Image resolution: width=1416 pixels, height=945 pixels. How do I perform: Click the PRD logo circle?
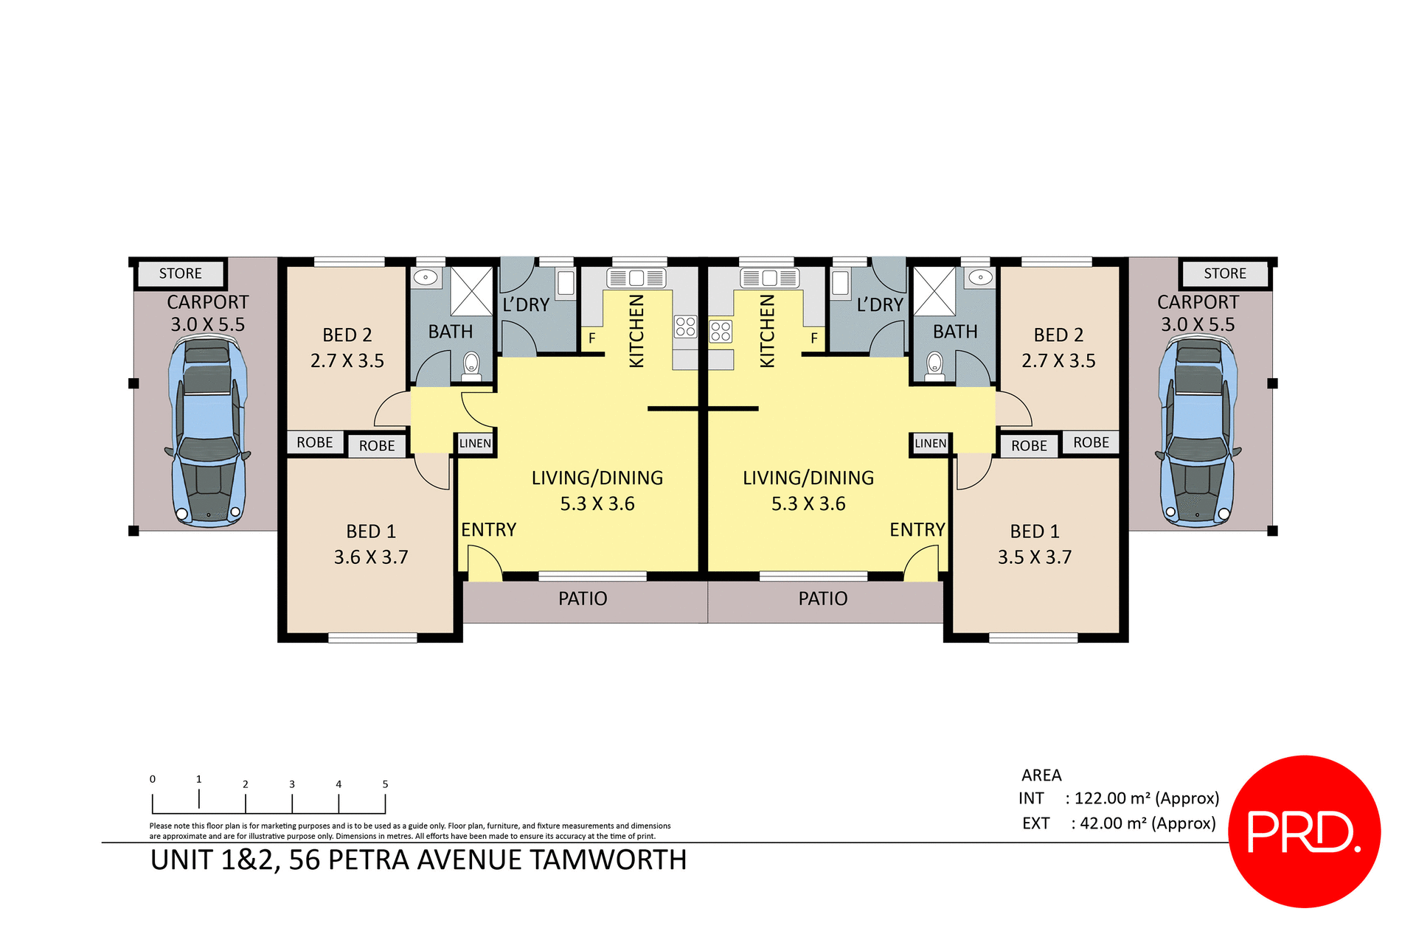[1304, 831]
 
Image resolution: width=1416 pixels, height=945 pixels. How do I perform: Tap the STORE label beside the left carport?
[180, 273]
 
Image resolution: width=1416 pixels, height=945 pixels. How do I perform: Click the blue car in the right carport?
[1198, 431]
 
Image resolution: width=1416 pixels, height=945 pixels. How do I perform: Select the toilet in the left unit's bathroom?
[471, 364]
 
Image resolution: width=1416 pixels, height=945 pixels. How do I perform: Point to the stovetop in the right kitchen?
[721, 331]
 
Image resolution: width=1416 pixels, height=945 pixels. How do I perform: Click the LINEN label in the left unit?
[475, 443]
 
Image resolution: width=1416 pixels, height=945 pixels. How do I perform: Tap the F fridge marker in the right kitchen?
[814, 338]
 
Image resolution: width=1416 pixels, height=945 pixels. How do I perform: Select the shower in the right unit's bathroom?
[934, 292]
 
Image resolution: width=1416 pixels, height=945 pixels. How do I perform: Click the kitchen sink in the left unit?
[636, 278]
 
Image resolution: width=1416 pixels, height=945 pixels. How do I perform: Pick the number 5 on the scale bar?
[385, 784]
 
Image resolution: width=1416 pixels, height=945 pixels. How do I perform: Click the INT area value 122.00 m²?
[1147, 798]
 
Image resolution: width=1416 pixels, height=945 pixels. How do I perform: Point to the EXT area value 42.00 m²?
[1148, 823]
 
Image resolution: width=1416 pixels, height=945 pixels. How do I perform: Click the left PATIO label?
[583, 599]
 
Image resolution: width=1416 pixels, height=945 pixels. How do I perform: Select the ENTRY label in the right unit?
[917, 530]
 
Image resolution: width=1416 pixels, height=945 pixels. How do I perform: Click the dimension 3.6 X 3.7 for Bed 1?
[371, 557]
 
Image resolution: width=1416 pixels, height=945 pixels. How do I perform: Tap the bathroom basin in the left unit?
[426, 278]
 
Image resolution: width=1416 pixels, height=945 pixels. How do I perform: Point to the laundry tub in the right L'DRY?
[840, 283]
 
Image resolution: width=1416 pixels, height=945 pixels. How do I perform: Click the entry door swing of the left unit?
[484, 564]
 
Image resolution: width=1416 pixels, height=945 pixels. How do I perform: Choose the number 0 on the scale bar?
[153, 779]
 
